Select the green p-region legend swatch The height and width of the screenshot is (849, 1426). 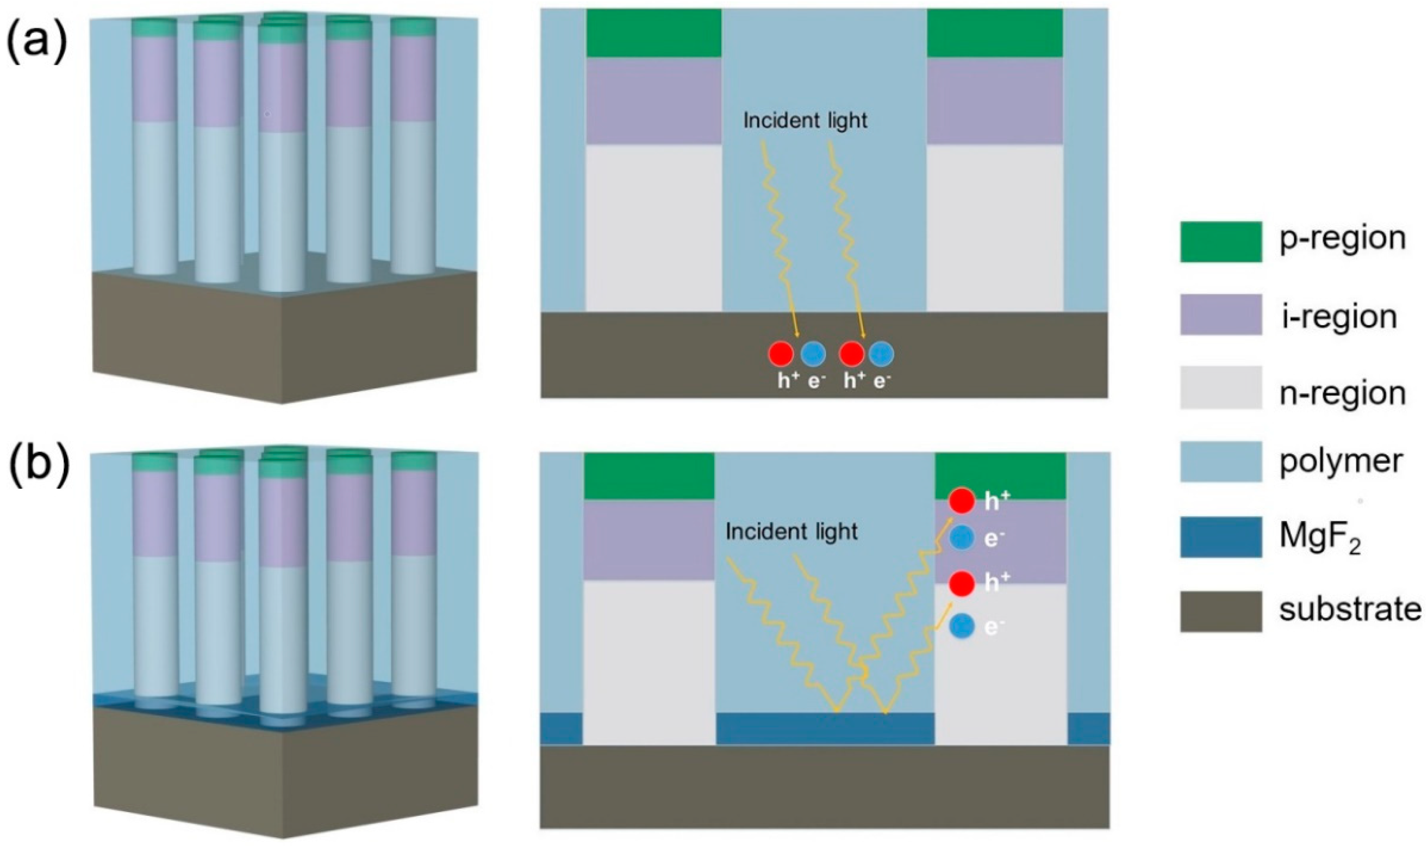(x=1221, y=241)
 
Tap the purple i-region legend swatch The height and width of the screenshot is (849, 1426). (x=1221, y=314)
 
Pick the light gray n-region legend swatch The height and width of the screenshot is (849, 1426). (x=1221, y=387)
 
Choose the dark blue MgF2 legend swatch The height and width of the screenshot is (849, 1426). (x=1221, y=537)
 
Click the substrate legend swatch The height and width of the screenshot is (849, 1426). (x=1221, y=611)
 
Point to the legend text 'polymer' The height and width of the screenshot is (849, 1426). (x=1341, y=461)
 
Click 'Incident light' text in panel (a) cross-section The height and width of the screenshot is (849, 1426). (x=805, y=120)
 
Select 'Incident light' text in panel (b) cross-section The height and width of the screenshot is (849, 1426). (x=792, y=531)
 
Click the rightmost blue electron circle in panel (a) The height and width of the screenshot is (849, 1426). (x=881, y=355)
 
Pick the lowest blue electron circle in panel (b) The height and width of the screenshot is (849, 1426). (x=961, y=628)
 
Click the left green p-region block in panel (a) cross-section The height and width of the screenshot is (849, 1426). (x=653, y=33)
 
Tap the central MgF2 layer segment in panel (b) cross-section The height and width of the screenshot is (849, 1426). (x=825, y=728)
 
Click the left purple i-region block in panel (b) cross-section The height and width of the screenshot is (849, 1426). (x=649, y=540)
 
